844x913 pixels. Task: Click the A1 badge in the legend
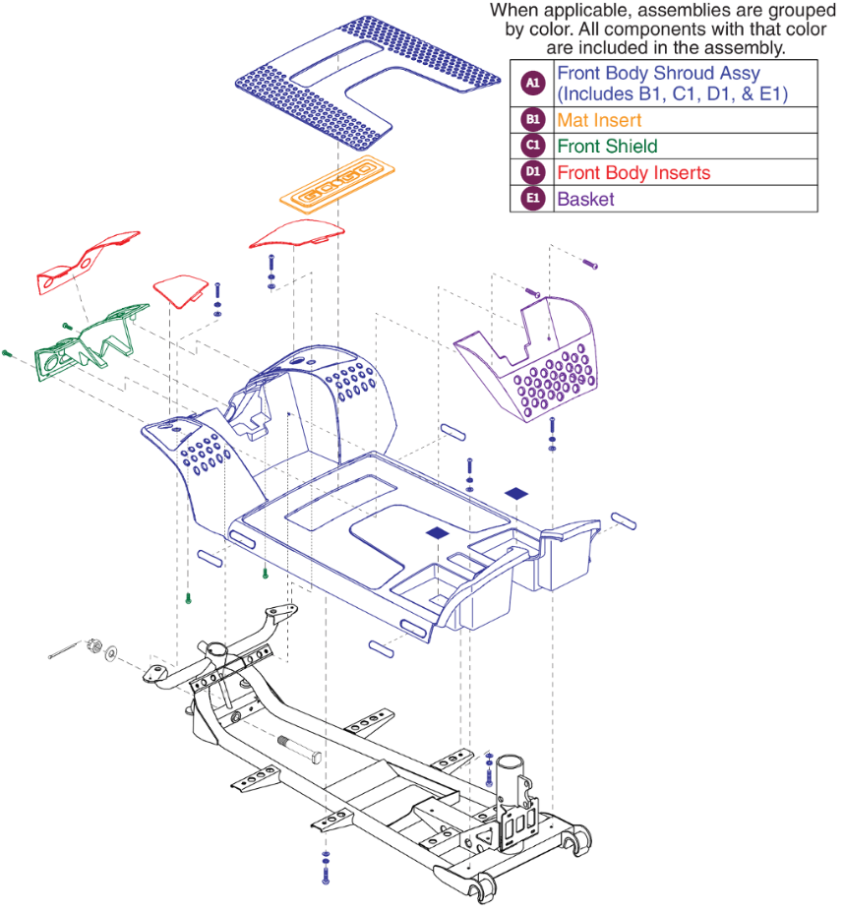(x=532, y=84)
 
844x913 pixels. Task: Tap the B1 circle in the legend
(x=532, y=120)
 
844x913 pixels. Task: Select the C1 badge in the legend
(x=532, y=146)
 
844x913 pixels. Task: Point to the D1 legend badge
(x=532, y=172)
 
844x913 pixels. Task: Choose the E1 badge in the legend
(x=532, y=199)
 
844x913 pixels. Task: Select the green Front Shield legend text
(x=607, y=146)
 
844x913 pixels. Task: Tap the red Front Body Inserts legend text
(x=633, y=172)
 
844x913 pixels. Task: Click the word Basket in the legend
(x=585, y=199)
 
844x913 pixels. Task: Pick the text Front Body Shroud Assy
(x=658, y=73)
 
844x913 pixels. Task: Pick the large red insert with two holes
(x=87, y=264)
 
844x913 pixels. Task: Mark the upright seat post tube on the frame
(x=512, y=777)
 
